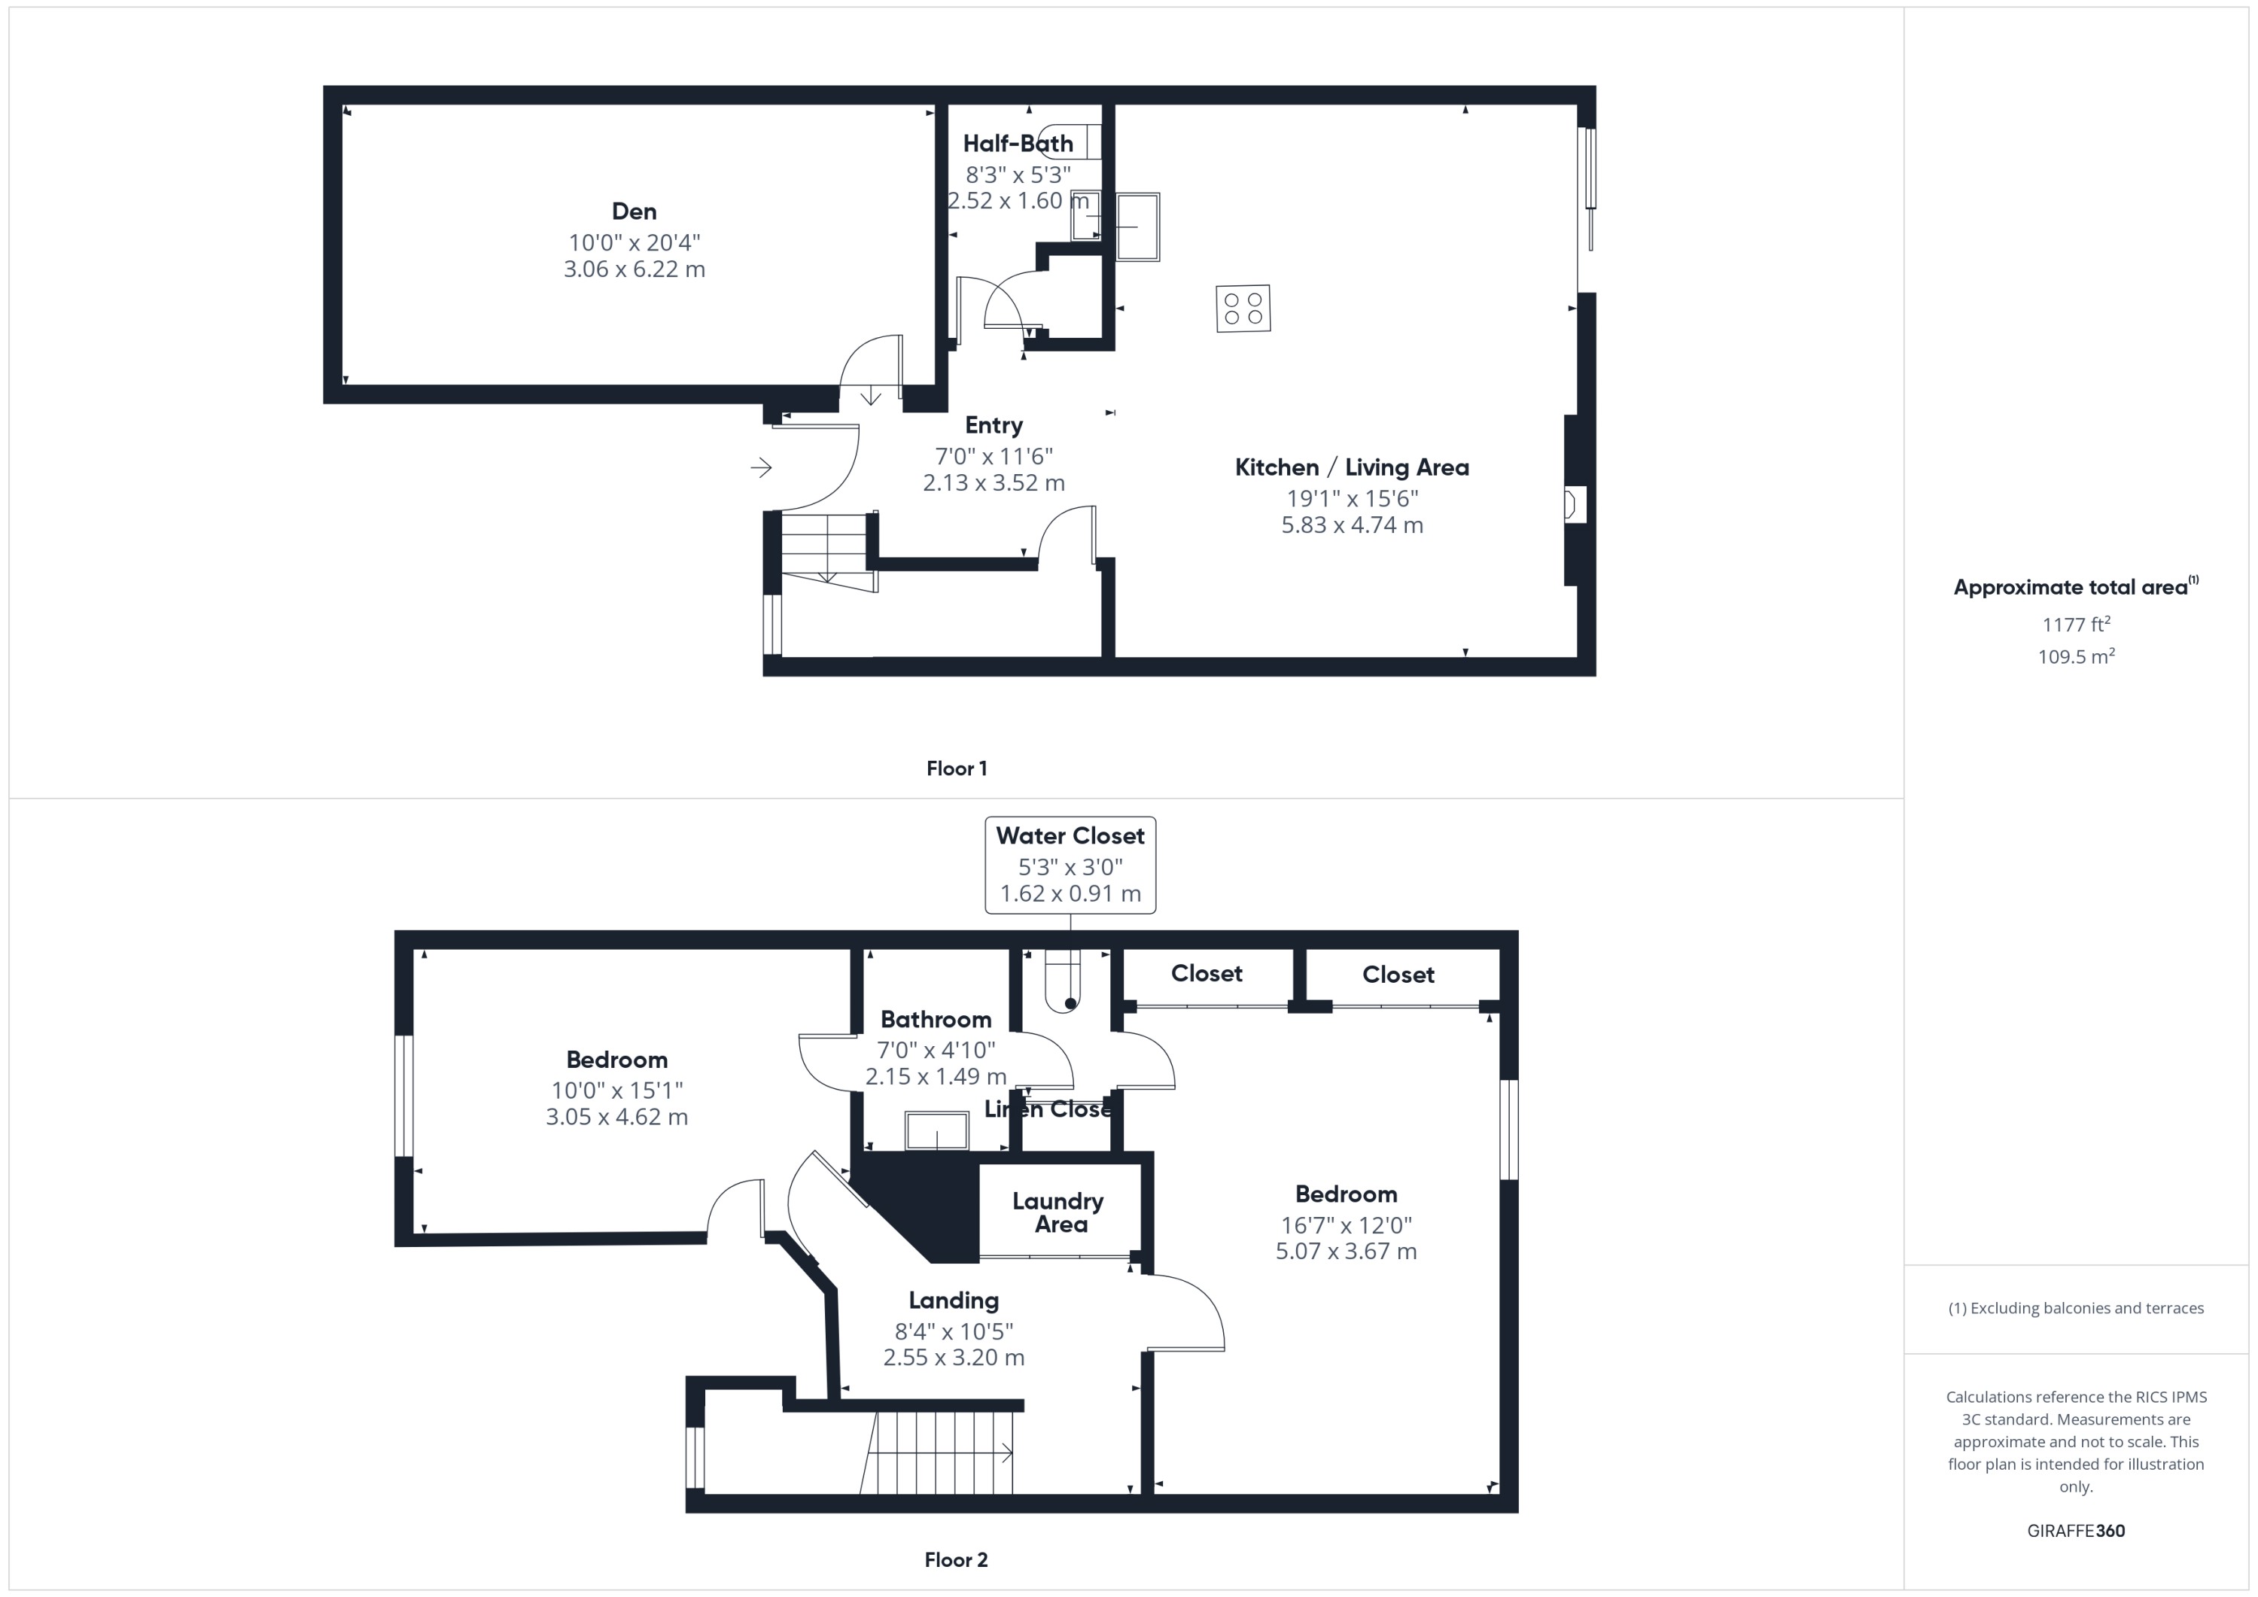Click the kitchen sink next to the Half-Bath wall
(x=1137, y=227)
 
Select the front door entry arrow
(x=761, y=468)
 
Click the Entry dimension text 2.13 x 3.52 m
(x=994, y=483)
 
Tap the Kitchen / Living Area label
(x=1351, y=468)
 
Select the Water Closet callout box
(x=1070, y=865)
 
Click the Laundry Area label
(x=1058, y=1212)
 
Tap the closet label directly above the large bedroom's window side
(x=1398, y=975)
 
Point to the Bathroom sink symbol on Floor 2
(x=936, y=1131)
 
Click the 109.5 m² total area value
(x=2075, y=657)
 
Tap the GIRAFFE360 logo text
(x=2075, y=1530)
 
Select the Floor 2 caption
(x=956, y=1559)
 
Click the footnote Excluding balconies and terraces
(x=2075, y=1308)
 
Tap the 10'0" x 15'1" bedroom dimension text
(x=616, y=1091)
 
